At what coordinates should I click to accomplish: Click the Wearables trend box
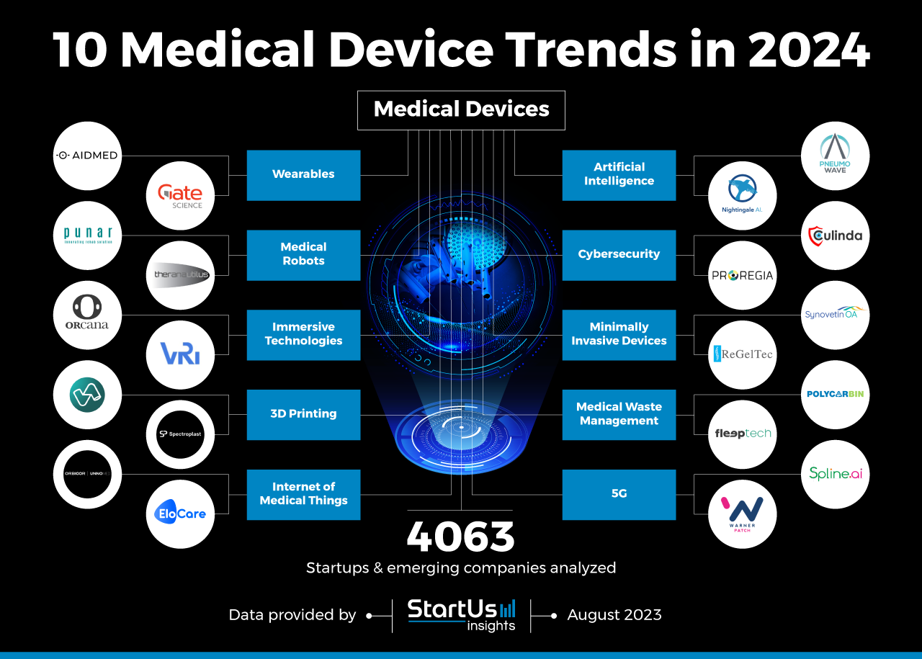point(303,175)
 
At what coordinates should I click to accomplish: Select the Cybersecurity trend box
point(619,255)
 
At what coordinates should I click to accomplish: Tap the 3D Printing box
point(303,415)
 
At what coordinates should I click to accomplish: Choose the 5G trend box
point(619,495)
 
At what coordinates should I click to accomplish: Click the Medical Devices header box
point(461,110)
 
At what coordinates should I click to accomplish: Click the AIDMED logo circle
point(87,156)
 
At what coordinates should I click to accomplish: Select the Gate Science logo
point(180,196)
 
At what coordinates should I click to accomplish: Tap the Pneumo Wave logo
point(835,156)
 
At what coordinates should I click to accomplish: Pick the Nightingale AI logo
point(742,196)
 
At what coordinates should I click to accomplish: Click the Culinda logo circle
point(835,236)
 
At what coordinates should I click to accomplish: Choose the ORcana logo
point(87,315)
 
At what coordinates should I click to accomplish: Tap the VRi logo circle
point(180,355)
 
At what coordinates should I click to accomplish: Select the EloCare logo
point(180,514)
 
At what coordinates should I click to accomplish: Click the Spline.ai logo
point(835,474)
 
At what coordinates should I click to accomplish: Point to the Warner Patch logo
point(742,514)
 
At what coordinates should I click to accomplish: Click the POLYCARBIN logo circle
point(835,395)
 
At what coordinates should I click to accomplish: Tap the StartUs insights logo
point(461,615)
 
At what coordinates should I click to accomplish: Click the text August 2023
point(614,615)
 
